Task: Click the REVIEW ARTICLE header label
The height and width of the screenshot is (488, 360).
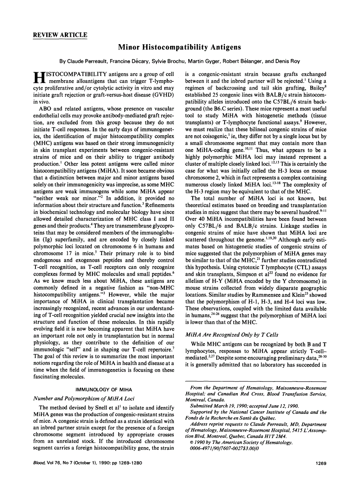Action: [x=60, y=35]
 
